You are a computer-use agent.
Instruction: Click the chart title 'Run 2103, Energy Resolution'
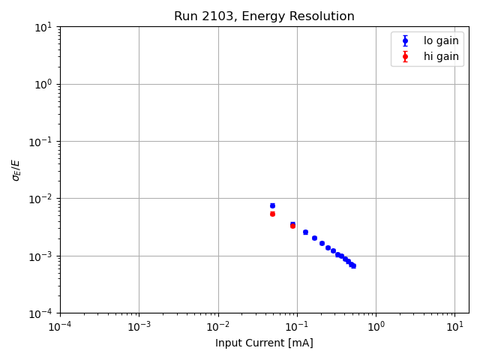pos(264,16)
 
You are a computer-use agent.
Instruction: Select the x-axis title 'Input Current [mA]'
pos(264,343)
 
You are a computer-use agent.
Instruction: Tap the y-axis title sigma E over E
pos(16,169)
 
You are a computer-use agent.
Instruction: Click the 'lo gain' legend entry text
pos(441,40)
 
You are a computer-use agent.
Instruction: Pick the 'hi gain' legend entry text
pos(441,56)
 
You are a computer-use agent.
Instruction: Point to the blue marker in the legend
pos(405,40)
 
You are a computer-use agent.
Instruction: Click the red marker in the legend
pos(405,56)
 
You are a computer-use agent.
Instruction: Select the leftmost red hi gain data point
pos(272,214)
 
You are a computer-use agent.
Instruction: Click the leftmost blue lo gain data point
pos(272,205)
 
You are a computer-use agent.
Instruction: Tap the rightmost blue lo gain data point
pos(353,265)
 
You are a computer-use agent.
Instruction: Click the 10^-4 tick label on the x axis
pos(60,326)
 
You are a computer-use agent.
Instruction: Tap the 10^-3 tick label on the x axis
pos(139,326)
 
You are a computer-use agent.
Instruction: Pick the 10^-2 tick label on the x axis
pos(218,326)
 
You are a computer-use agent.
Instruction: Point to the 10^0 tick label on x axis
pos(376,326)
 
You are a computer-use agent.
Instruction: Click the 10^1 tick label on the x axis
pos(454,326)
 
